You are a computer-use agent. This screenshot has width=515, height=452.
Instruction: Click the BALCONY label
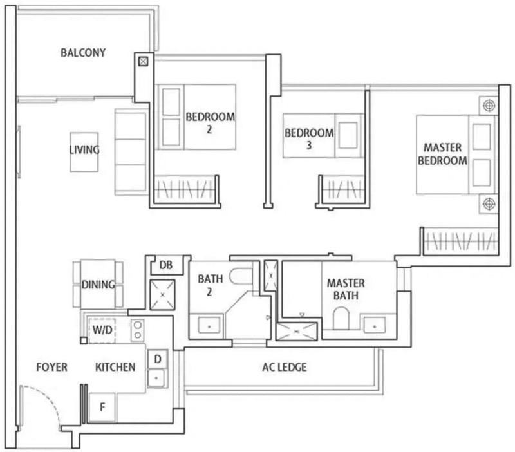pyautogui.click(x=83, y=53)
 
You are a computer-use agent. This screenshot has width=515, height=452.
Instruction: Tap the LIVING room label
pyautogui.click(x=84, y=150)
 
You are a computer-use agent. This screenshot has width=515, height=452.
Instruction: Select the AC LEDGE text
pyautogui.click(x=285, y=367)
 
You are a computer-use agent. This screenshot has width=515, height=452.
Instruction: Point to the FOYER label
pyautogui.click(x=52, y=367)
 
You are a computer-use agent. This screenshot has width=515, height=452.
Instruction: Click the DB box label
pyautogui.click(x=166, y=265)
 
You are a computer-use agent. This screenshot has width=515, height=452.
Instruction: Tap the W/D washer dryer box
pyautogui.click(x=102, y=330)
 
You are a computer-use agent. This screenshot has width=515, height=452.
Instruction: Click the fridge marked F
pyautogui.click(x=102, y=408)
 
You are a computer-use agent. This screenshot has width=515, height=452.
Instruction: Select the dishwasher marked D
pyautogui.click(x=158, y=359)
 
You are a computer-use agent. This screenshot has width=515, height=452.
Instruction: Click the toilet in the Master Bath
pyautogui.click(x=341, y=318)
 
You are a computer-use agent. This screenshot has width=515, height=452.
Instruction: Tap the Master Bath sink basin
pyautogui.click(x=375, y=326)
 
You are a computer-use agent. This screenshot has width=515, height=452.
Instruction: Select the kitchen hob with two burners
pyautogui.click(x=137, y=330)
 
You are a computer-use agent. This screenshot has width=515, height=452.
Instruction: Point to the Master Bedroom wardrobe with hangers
pyautogui.click(x=460, y=241)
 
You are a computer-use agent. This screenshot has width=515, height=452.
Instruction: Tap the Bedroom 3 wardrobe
pyautogui.click(x=343, y=189)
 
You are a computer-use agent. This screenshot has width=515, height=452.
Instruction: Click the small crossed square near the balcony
pyautogui.click(x=143, y=61)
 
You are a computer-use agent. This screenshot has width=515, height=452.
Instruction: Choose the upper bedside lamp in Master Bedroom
pyautogui.click(x=489, y=106)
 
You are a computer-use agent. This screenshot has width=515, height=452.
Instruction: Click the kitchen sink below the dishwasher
pyautogui.click(x=156, y=378)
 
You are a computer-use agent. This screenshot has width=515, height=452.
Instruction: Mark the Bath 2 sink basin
pyautogui.click(x=209, y=326)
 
